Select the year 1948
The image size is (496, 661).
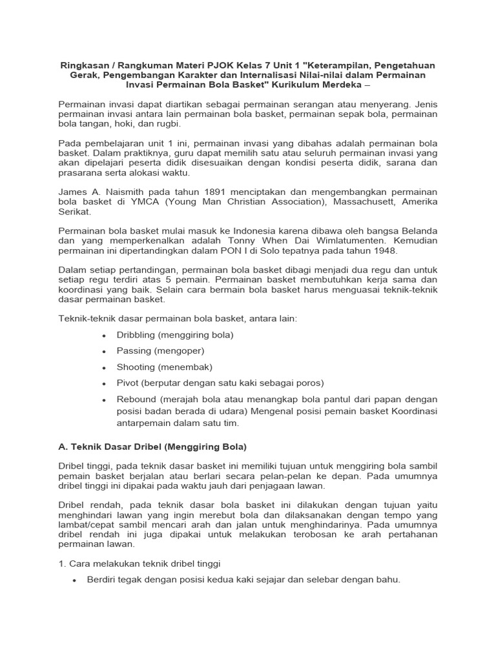tap(383, 250)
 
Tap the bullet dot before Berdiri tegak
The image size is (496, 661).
tap(74, 580)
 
